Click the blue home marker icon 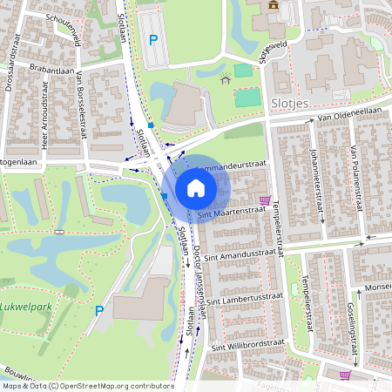click(195, 187)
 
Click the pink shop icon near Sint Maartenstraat click(265, 199)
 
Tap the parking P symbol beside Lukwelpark click(99, 311)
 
